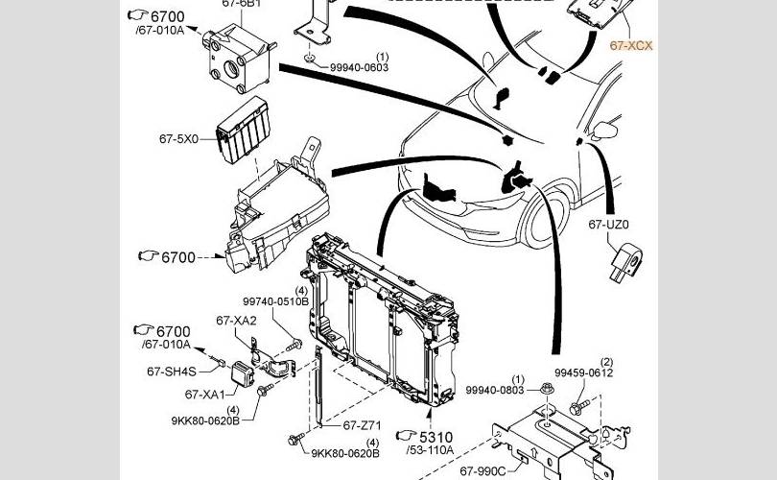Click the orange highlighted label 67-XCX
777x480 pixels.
631,46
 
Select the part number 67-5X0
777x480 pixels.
178,139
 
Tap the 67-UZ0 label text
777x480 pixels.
608,225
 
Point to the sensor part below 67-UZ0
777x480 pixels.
626,262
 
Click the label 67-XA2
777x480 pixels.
236,321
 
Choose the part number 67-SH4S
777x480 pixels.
172,372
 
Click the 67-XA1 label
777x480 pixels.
204,395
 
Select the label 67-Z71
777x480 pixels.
362,425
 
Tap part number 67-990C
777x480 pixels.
483,471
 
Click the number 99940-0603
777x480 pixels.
360,67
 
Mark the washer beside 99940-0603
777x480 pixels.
310,59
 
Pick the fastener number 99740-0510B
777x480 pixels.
275,301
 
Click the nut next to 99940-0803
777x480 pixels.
547,388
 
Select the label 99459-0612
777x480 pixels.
584,372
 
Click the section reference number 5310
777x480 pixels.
436,437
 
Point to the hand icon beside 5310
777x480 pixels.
406,436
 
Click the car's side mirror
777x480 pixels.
605,131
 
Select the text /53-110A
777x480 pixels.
430,450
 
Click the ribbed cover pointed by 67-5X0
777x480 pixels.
244,130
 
